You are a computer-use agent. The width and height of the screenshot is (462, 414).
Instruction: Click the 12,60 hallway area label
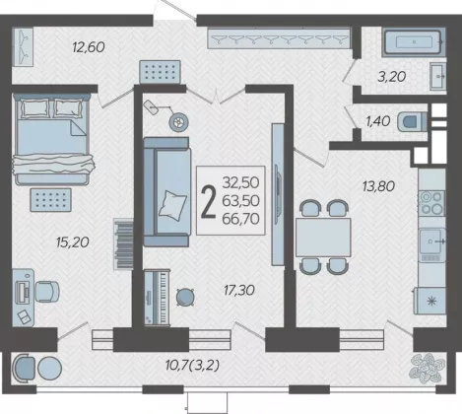(x=89, y=47)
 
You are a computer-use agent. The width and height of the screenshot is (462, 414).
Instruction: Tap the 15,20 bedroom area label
(x=73, y=242)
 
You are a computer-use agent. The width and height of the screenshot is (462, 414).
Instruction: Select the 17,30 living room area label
(x=239, y=290)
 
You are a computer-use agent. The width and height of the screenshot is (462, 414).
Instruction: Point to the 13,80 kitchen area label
(x=378, y=186)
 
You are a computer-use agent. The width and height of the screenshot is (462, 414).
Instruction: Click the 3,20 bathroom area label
(x=392, y=77)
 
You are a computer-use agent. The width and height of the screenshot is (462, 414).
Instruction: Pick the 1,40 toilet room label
(x=378, y=121)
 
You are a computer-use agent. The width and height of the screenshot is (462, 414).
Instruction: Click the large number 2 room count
(x=209, y=201)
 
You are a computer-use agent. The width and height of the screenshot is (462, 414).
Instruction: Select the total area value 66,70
(x=240, y=219)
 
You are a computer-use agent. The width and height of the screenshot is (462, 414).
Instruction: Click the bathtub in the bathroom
(x=414, y=42)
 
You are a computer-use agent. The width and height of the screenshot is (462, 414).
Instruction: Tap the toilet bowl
(x=412, y=121)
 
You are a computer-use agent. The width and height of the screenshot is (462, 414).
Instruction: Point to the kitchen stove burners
(x=431, y=203)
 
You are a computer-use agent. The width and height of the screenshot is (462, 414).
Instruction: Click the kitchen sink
(x=431, y=241)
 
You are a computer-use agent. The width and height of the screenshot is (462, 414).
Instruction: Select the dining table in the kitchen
(x=323, y=238)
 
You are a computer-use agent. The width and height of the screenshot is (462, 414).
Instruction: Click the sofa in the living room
(x=167, y=191)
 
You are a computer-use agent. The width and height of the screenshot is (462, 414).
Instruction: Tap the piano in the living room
(x=158, y=298)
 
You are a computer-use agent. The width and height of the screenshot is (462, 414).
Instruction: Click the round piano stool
(x=185, y=298)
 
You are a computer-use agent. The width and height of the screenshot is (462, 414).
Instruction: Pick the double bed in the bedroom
(x=52, y=139)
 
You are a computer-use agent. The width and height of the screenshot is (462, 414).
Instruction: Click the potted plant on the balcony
(x=427, y=368)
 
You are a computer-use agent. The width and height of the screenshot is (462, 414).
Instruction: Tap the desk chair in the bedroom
(x=47, y=292)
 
